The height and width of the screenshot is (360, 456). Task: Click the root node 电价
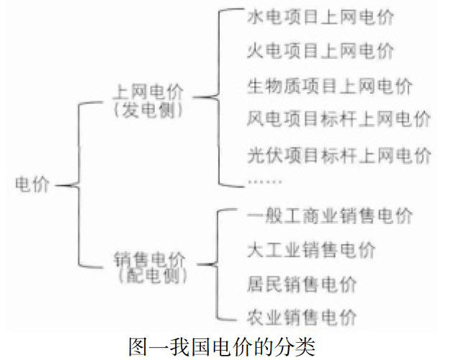33,185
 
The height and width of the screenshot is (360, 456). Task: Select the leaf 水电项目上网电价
320,18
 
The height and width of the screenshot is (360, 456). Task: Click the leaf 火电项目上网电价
320,52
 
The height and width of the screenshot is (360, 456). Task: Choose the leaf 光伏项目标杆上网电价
339,155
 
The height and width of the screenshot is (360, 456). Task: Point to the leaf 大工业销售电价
310,251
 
